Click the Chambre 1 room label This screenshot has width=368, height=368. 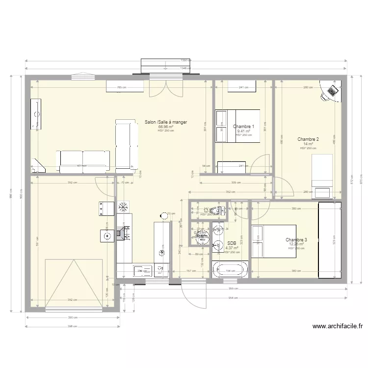coord(243,127)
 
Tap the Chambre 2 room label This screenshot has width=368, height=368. coord(308,139)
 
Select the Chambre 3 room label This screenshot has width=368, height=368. coord(296,240)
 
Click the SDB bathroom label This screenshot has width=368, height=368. coord(232,243)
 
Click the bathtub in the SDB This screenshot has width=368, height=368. coord(230,269)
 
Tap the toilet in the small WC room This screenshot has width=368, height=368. coord(220,210)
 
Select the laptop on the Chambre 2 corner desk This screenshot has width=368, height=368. coord(333,91)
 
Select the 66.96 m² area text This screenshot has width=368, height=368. coord(166,127)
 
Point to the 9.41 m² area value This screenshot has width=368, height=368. coord(243,131)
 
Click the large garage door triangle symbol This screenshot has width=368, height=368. coord(74,285)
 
